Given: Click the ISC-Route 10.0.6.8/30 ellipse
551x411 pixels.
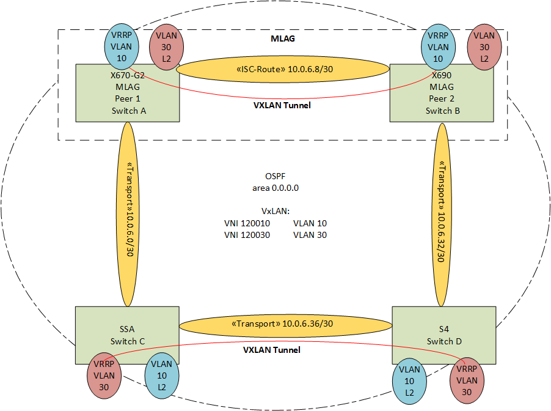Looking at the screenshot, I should click(284, 70).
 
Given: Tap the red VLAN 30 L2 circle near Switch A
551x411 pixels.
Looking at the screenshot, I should click(166, 47).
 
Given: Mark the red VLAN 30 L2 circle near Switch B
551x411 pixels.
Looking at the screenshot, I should click(484, 47).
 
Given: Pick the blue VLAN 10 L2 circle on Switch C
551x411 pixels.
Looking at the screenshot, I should click(162, 376).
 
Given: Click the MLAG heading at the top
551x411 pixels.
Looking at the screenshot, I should click(282, 39).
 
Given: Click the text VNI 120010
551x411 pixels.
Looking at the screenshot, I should click(247, 224).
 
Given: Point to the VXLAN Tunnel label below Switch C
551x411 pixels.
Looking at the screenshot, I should click(272, 350).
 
